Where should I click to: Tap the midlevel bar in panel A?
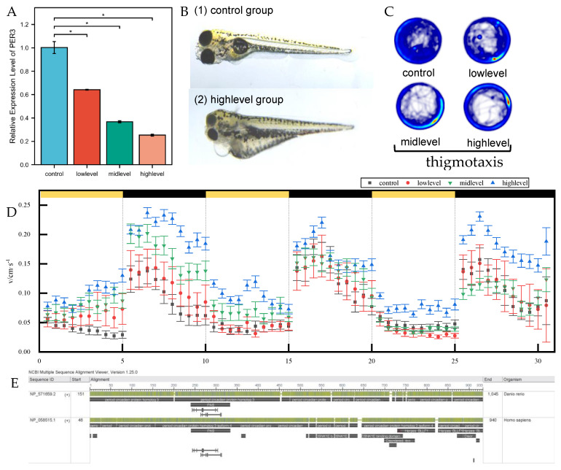pyautogui.click(x=119, y=143)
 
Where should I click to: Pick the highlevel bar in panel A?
pyautogui.click(x=152, y=150)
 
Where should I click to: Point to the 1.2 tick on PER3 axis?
pyautogui.click(x=28, y=25)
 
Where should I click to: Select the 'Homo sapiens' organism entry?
pyautogui.click(x=520, y=420)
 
